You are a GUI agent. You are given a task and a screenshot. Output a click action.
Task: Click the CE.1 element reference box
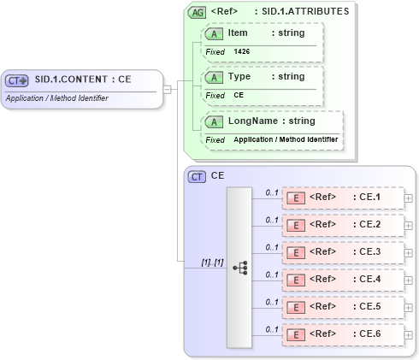342,198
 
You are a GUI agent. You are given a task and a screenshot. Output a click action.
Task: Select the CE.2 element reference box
342,226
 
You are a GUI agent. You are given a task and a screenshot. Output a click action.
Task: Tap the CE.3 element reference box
342,253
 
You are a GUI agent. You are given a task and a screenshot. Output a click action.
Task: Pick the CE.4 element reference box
342,280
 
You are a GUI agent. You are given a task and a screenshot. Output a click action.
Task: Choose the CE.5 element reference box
342,308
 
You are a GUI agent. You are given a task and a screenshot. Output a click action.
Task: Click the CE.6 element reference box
342,335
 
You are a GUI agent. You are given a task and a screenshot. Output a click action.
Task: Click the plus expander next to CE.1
409,198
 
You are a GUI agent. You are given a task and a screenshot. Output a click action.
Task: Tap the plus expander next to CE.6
409,335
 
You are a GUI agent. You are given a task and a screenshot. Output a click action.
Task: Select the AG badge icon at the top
197,13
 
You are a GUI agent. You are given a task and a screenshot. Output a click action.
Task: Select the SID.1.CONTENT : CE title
82,80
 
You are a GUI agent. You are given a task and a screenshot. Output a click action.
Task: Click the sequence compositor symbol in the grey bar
240,267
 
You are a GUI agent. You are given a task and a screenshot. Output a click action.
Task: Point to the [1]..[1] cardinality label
211,262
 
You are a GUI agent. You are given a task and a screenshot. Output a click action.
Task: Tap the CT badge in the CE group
197,177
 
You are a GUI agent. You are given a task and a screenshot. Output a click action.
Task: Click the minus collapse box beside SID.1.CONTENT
168,88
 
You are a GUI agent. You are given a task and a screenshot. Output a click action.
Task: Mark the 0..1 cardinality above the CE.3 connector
272,247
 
